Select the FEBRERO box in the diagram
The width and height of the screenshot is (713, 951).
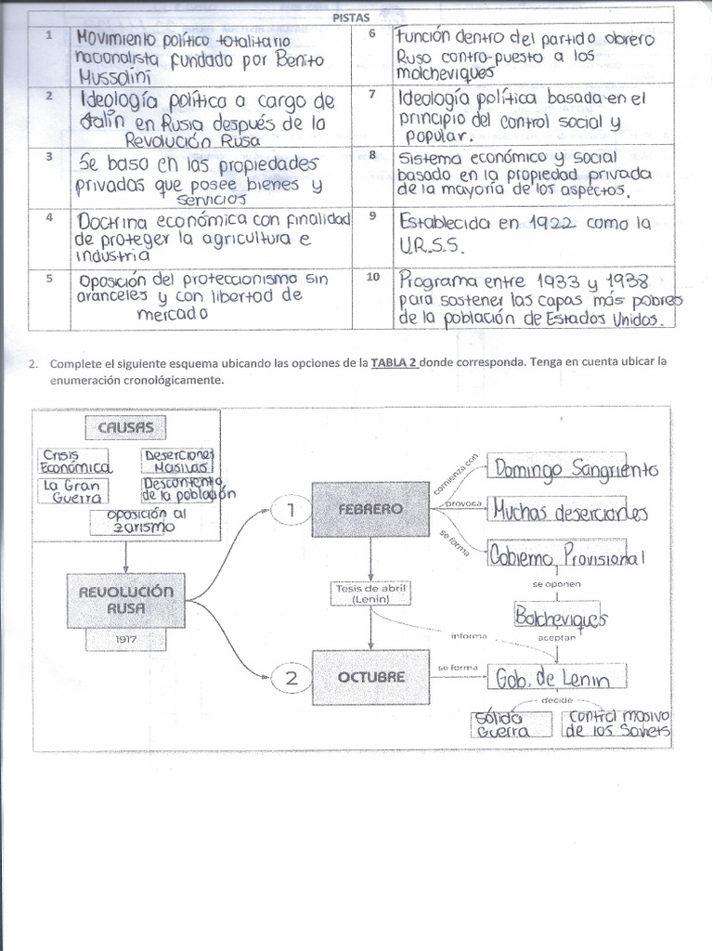(x=370, y=509)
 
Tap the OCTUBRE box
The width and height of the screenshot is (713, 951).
(x=370, y=677)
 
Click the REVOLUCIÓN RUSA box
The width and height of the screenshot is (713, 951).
(x=125, y=600)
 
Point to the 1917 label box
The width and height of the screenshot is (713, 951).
(x=125, y=640)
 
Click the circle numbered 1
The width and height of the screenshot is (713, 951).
(x=292, y=509)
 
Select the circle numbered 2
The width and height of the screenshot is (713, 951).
(x=292, y=677)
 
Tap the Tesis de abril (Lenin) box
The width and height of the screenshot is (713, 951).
(x=370, y=593)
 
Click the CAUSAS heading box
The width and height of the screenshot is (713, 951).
(x=125, y=428)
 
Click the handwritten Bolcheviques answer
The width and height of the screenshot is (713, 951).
(x=560, y=617)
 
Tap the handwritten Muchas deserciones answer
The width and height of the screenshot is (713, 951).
(x=569, y=512)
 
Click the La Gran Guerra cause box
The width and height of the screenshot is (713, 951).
(x=72, y=491)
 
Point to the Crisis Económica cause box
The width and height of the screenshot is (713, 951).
(x=75, y=462)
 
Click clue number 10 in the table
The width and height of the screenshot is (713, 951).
(x=371, y=278)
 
